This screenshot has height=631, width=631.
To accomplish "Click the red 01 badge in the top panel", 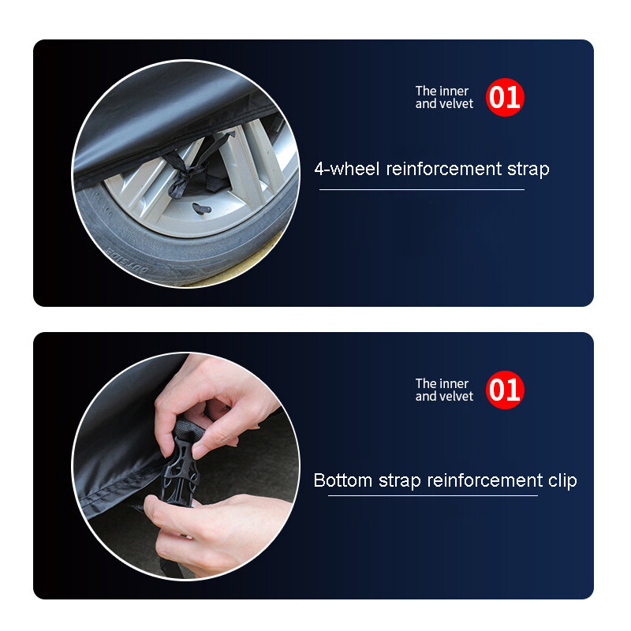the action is [x=505, y=97].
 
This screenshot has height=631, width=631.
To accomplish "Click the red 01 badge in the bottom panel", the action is [x=505, y=390].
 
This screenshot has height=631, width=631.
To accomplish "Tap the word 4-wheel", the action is [x=347, y=169].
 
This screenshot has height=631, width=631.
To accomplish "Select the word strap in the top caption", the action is [x=528, y=170].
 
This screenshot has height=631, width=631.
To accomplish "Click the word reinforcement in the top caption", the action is [x=444, y=169].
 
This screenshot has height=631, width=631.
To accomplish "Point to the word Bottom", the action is [x=343, y=480].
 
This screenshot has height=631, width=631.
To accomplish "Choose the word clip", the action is [x=562, y=481].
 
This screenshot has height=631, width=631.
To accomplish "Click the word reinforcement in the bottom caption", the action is [x=485, y=480].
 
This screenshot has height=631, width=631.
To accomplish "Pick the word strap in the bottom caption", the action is [x=400, y=481].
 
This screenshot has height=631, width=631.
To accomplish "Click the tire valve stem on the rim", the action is [x=202, y=208].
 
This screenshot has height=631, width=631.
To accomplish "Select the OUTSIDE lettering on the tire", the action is [x=127, y=261].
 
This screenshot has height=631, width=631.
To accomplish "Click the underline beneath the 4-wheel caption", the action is [x=422, y=189].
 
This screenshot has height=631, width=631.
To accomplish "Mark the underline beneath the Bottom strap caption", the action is [x=433, y=496].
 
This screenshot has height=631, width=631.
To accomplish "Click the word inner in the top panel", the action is [x=454, y=91].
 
